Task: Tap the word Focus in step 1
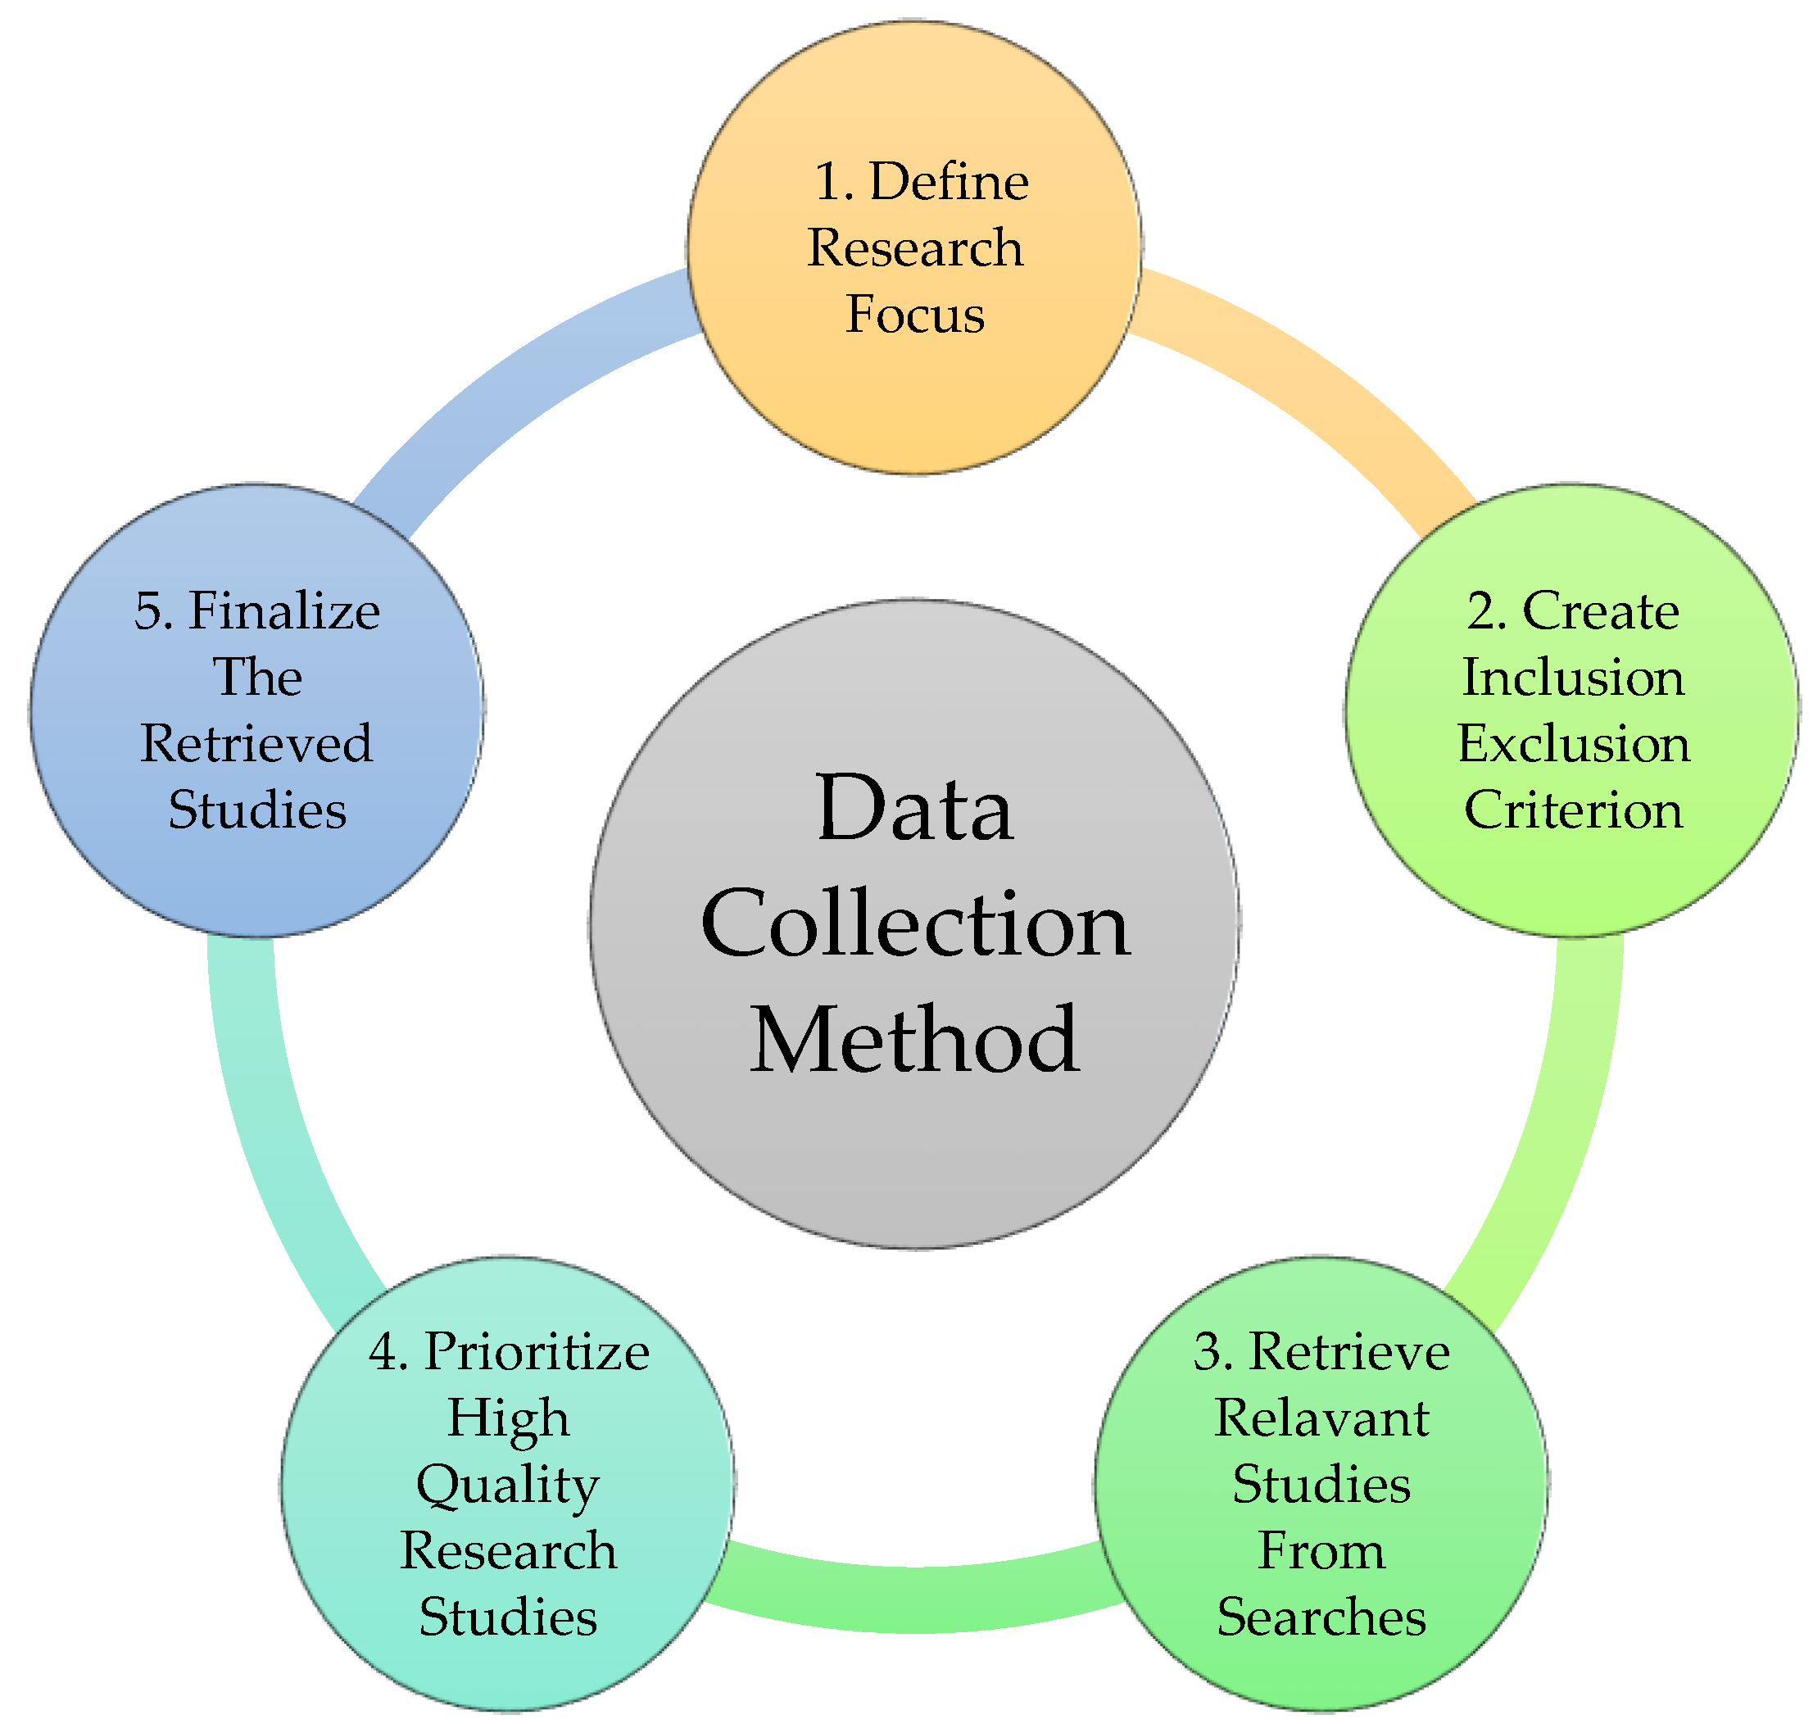(x=914, y=315)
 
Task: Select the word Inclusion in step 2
(x=1572, y=678)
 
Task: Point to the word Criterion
(x=1572, y=810)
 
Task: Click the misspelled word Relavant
(x=1321, y=1418)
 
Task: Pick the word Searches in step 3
(x=1321, y=1617)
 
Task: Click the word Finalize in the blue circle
(x=284, y=611)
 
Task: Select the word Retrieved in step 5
(x=256, y=743)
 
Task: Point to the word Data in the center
(x=914, y=809)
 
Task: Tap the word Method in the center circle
(x=914, y=1041)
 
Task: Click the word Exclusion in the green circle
(x=1572, y=743)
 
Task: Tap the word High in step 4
(x=507, y=1418)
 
